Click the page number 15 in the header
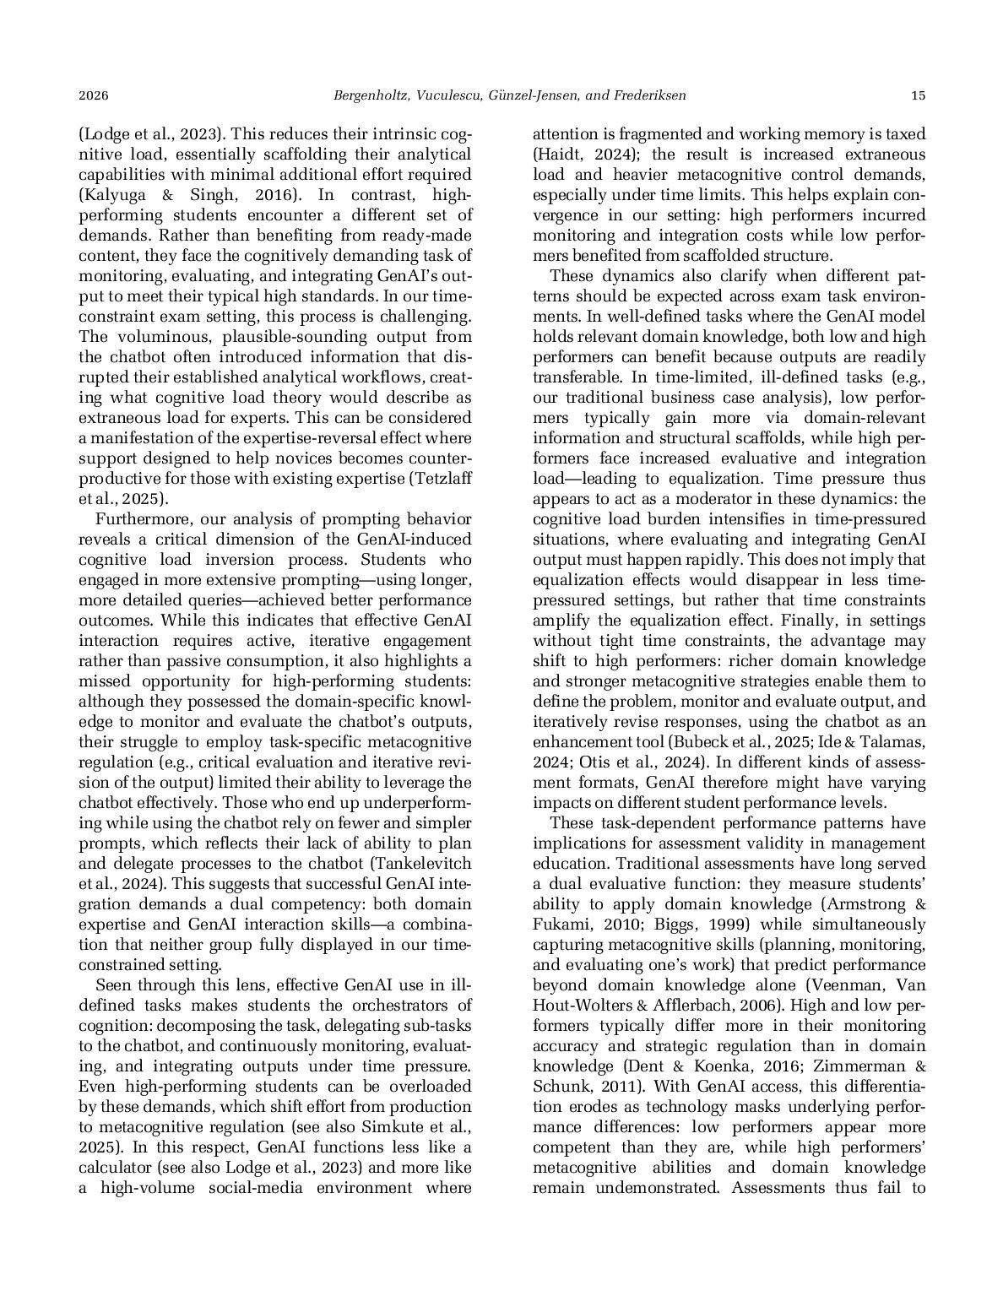pos(919,96)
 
